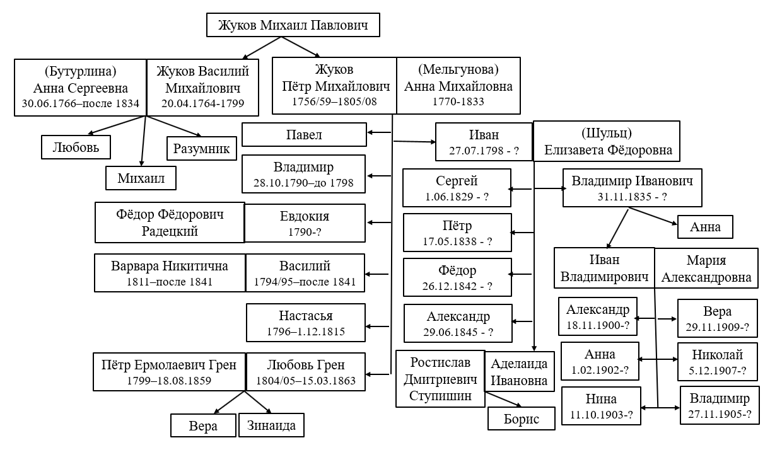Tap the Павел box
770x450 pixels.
304,134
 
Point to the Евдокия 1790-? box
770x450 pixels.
305,222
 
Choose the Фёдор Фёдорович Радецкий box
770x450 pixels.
170,222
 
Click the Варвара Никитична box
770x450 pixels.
170,272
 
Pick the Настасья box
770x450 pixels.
305,322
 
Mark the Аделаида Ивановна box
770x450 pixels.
519,372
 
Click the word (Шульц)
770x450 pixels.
606,134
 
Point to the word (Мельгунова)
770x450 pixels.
458,69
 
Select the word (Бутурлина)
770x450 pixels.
81,69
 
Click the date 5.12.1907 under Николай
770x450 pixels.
717,370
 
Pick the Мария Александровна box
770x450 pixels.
706,268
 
